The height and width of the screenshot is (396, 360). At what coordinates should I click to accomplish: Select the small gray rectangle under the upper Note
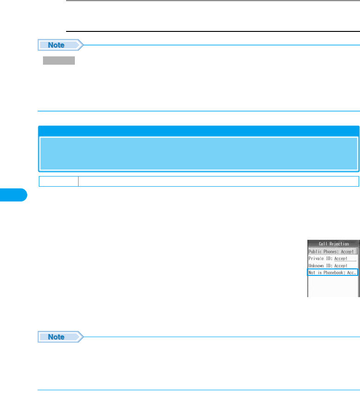(59, 61)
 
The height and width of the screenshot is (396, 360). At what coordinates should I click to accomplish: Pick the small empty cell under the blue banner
(58, 181)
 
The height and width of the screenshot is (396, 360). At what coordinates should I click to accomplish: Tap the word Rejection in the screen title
(339, 244)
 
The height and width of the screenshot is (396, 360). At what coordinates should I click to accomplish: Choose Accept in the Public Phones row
(348, 251)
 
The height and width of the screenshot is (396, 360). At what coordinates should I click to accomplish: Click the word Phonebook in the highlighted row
(333, 273)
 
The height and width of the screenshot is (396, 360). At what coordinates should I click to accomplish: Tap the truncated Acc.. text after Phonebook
(352, 273)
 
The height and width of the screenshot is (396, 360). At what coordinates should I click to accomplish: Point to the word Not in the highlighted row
(312, 273)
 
